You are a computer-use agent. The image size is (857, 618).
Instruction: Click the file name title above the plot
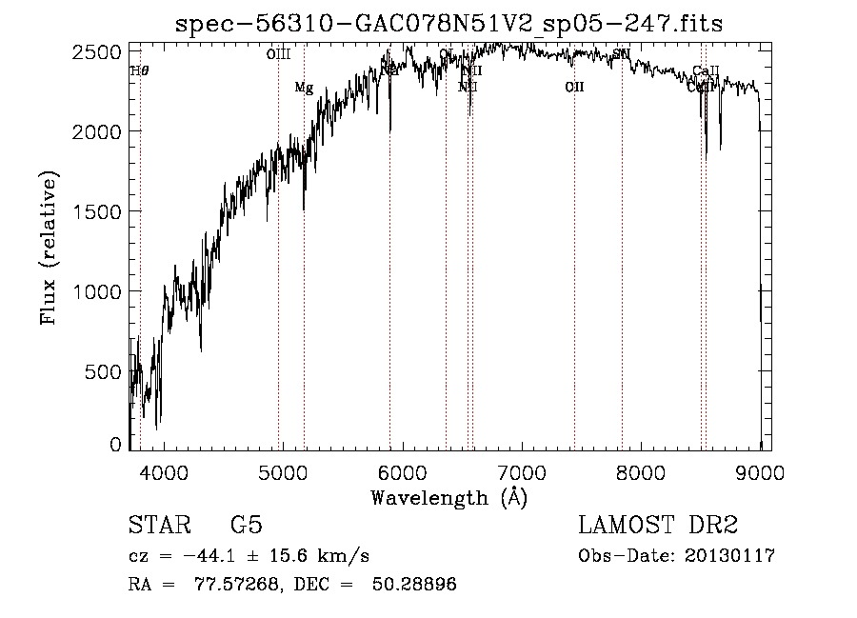[x=448, y=23]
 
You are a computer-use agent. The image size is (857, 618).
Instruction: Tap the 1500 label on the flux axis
[x=95, y=210]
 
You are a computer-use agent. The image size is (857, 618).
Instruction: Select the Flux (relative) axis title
[x=50, y=248]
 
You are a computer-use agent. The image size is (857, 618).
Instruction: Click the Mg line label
[x=304, y=88]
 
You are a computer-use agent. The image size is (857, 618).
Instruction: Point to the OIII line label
[x=278, y=55]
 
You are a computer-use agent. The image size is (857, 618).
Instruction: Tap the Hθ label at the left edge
[x=139, y=70]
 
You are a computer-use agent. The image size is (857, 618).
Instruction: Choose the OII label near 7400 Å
[x=574, y=88]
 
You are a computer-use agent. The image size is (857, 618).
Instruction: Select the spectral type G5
[x=246, y=526]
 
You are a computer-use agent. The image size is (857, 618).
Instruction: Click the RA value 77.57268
[x=226, y=585]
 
